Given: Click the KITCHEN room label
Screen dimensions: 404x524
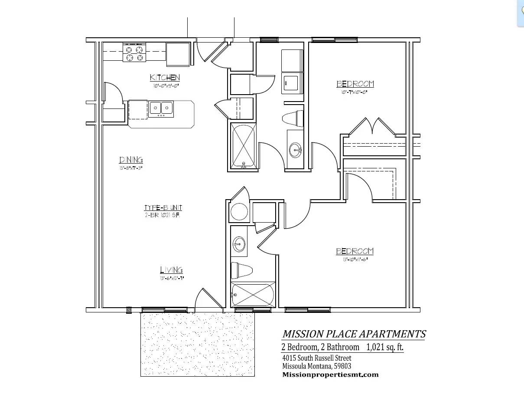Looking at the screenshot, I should click(x=165, y=78).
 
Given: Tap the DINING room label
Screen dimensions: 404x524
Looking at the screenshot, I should click(x=131, y=160).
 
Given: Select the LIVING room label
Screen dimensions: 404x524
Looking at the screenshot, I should click(x=171, y=270).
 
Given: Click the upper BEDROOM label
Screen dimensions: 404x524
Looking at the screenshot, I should click(x=355, y=84).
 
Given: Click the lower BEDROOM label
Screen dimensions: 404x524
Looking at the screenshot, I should click(x=355, y=251).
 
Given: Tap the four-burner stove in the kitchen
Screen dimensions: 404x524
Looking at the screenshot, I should click(x=135, y=53).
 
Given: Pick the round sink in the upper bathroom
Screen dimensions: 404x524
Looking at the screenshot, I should click(x=296, y=150).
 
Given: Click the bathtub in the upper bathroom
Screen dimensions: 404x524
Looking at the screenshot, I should click(x=243, y=146).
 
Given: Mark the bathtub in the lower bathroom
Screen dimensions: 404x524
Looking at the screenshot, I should click(x=253, y=295).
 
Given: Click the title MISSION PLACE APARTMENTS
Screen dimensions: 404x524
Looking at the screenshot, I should click(x=354, y=334).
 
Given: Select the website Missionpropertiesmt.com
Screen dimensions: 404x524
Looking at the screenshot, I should click(x=330, y=374).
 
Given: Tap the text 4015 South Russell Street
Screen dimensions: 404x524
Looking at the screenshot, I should click(x=316, y=358).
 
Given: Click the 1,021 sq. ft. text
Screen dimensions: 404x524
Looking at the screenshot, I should click(x=386, y=347).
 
